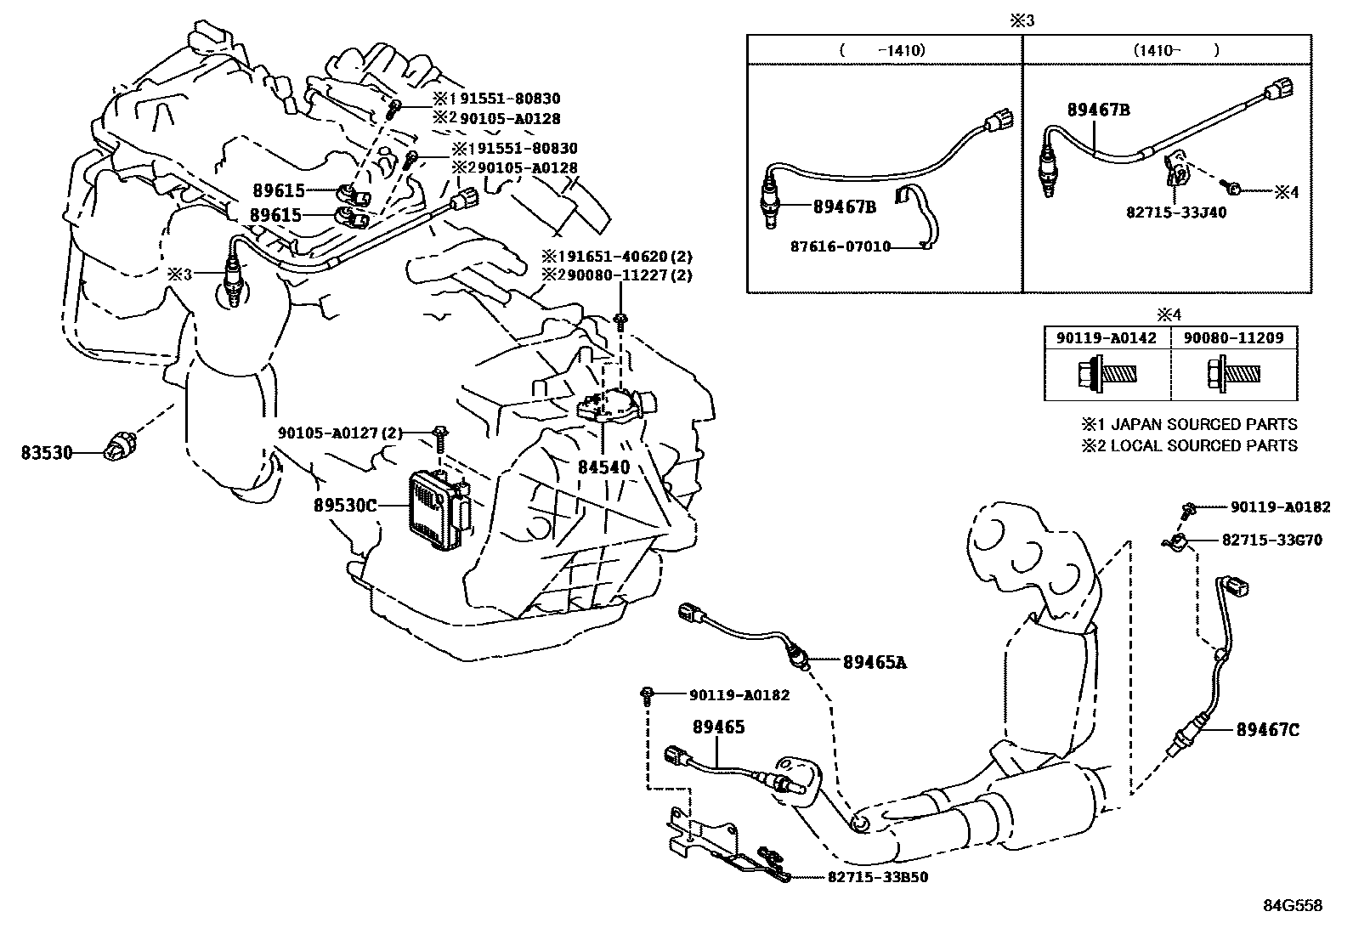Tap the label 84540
coord(603,467)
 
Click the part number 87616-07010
coord(841,247)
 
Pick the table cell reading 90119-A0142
coord(1106,338)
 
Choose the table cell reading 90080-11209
coord(1234,338)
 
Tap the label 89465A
coord(875,662)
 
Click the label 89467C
coord(1267,729)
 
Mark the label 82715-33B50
coord(877,877)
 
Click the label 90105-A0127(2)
coord(339,433)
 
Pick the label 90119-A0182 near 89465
coord(739,695)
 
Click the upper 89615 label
coord(277,191)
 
